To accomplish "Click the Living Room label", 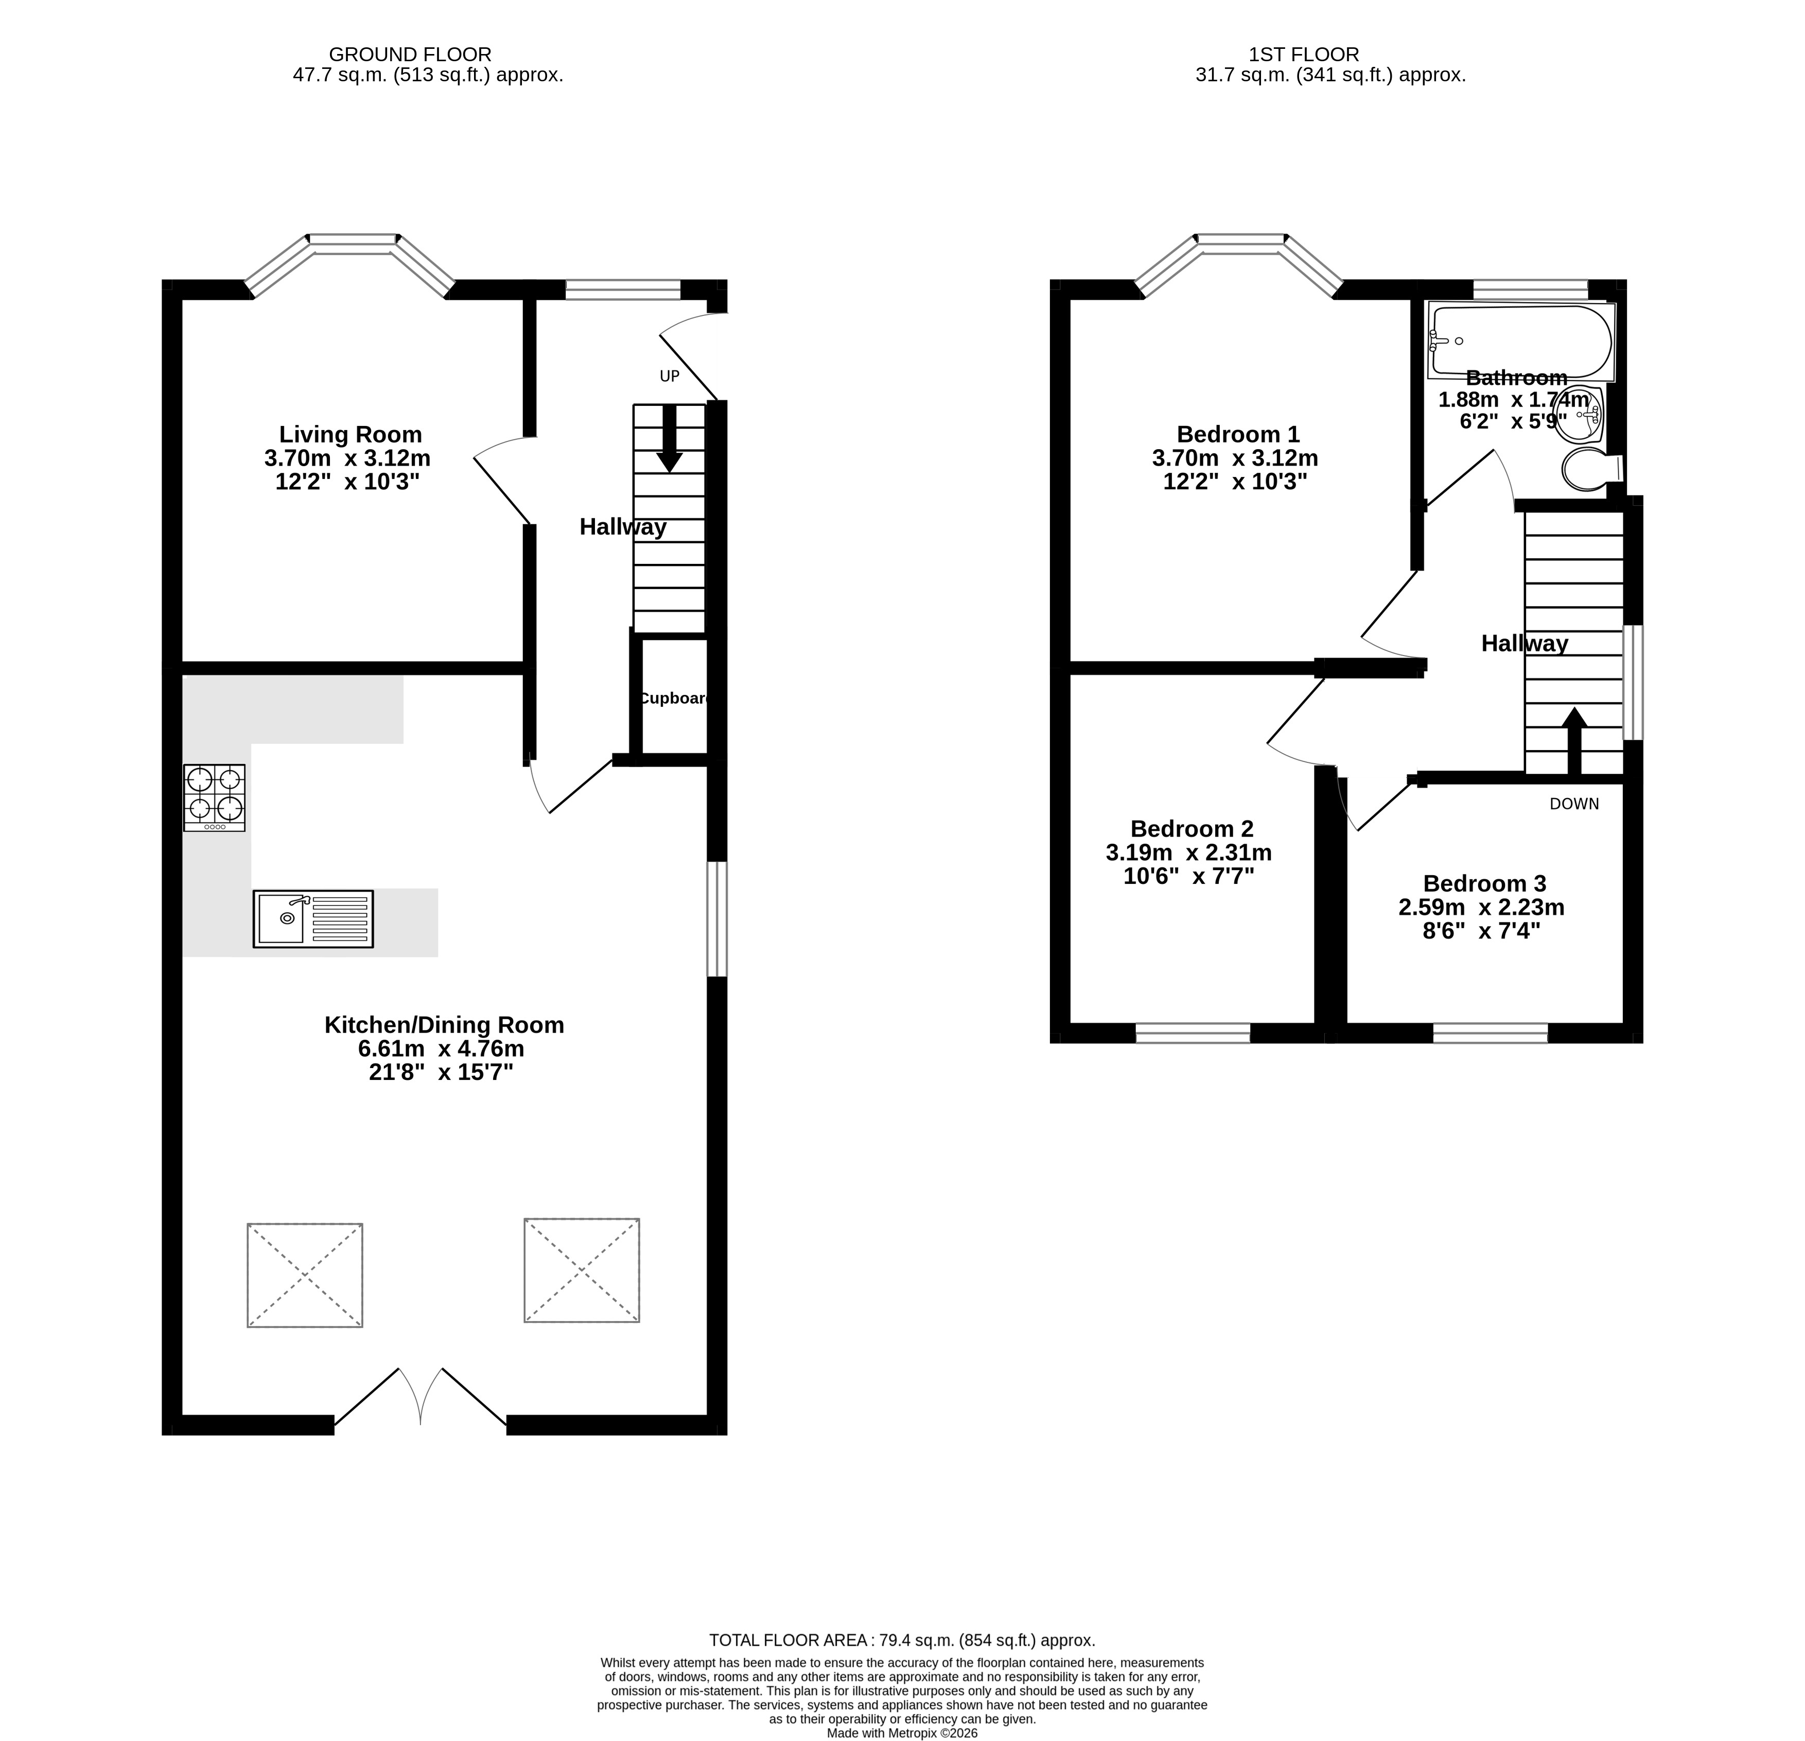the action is click(351, 435).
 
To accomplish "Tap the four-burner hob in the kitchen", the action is click(215, 798).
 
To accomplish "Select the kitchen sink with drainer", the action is click(313, 919).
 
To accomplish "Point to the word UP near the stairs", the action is click(670, 376).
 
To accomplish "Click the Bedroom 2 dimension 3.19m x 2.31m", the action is click(1189, 852).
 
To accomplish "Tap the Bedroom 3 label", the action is click(1484, 884).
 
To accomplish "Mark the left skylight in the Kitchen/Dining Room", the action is click(305, 1275).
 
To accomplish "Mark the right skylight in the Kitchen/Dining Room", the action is click(582, 1271).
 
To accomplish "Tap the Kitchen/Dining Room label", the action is click(444, 1025).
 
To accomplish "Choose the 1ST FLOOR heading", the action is click(1304, 55).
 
